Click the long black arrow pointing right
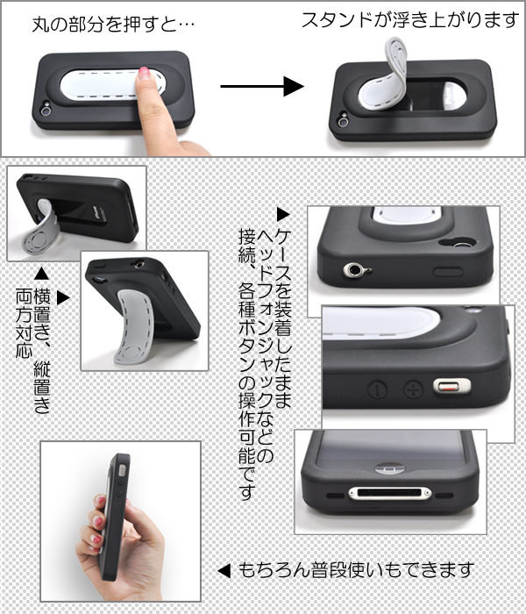tap(262, 86)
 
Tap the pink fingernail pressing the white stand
tap(144, 73)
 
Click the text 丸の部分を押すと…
tap(113, 25)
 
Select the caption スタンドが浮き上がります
tap(410, 19)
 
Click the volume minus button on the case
tap(378, 389)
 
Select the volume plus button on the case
tap(414, 389)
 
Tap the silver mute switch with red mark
tap(451, 387)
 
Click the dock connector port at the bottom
tap(390, 493)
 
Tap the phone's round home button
tap(389, 468)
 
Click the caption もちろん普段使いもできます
tap(356, 570)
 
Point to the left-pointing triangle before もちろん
tap(224, 570)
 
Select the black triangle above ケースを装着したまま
tap(283, 214)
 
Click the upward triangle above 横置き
tap(41, 274)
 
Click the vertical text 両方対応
tap(24, 324)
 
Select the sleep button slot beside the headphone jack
tap(448, 272)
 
